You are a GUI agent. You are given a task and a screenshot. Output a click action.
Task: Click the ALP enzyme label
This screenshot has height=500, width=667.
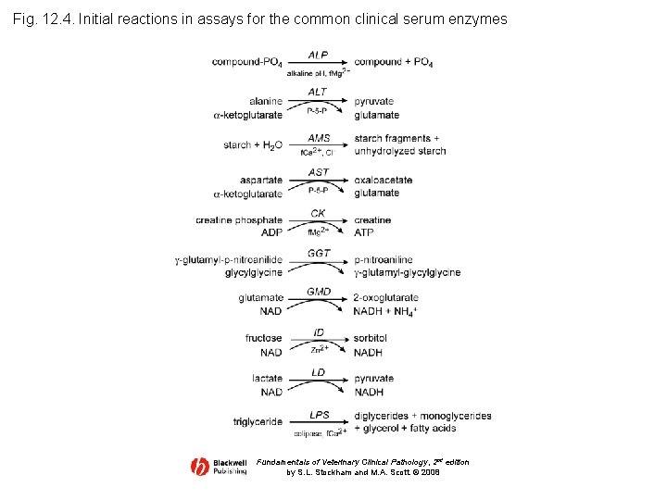(318, 56)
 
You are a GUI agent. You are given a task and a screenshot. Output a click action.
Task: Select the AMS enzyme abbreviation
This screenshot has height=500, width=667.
(318, 137)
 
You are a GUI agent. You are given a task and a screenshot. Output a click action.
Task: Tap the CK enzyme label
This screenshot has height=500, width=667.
(318, 214)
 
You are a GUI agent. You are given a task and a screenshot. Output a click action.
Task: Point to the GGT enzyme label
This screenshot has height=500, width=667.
(318, 253)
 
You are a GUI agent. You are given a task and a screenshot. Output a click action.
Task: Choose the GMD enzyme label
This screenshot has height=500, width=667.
(318, 292)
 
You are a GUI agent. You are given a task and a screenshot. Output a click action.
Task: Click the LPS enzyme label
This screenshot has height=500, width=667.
(318, 415)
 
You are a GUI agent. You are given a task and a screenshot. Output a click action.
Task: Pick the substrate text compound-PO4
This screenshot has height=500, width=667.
(246, 63)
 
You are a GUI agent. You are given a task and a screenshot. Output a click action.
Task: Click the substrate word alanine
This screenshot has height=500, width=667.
(266, 101)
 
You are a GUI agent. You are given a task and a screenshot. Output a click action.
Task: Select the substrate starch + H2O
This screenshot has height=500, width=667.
(253, 145)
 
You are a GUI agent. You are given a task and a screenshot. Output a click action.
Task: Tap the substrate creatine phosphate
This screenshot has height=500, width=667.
(239, 220)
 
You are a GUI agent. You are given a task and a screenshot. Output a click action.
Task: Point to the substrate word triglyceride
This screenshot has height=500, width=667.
(258, 422)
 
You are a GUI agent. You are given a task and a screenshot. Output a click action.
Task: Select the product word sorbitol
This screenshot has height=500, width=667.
(370, 339)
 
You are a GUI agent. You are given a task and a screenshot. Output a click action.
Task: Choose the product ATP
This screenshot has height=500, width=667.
(363, 232)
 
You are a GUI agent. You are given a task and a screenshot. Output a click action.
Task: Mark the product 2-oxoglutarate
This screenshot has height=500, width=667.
(385, 298)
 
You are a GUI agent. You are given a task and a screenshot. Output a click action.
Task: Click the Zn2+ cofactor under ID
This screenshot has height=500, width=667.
(319, 350)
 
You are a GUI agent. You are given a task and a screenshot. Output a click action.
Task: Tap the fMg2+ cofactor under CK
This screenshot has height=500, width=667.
(318, 231)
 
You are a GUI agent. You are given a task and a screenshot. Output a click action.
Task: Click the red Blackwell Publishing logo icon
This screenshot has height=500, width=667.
(200, 467)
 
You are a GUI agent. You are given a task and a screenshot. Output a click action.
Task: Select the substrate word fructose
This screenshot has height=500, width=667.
(264, 339)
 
